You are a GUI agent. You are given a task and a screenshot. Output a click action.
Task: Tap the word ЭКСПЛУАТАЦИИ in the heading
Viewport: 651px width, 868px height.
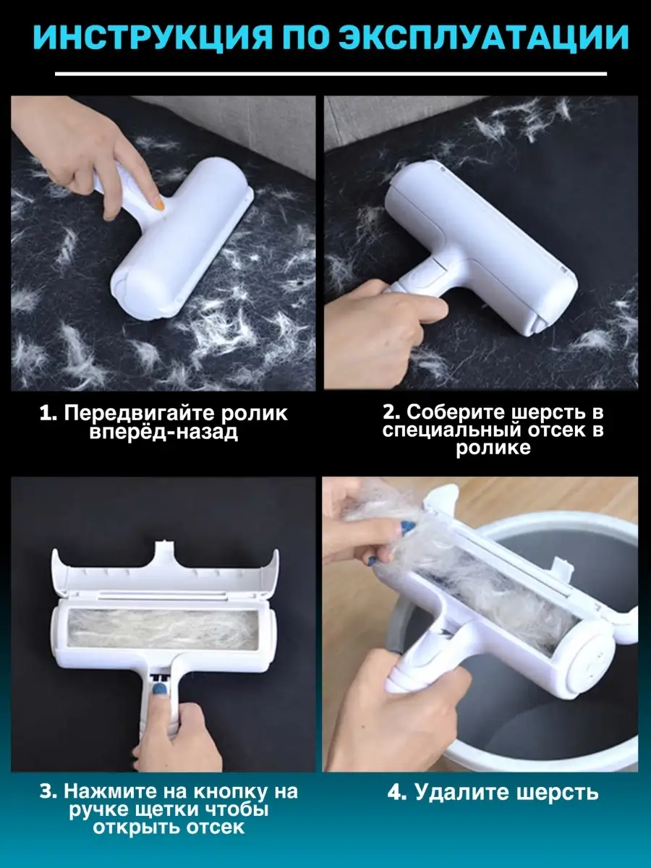(480, 37)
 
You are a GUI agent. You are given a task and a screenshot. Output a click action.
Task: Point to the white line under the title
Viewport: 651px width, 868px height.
(331, 74)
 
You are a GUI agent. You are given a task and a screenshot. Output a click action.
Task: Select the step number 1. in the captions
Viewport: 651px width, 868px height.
(48, 413)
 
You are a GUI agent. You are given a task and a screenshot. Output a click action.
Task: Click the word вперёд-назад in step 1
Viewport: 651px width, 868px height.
(163, 431)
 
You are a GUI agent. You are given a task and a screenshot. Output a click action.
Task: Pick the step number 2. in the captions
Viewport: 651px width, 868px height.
(391, 412)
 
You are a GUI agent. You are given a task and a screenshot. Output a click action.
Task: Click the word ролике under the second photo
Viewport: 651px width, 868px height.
(493, 448)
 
